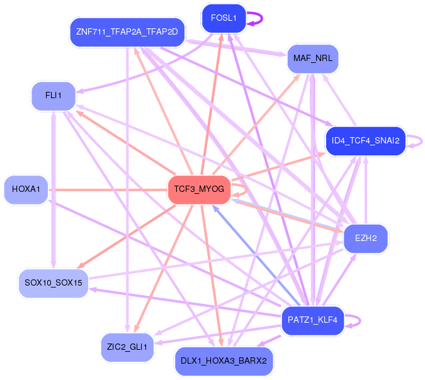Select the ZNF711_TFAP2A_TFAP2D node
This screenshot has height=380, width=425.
127,31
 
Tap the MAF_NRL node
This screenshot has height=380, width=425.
313,59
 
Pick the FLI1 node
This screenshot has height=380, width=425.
54,96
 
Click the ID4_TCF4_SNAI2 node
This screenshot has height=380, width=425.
365,140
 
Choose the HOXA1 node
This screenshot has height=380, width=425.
26,189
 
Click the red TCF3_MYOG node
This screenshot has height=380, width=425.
199,189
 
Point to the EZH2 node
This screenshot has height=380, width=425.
366,238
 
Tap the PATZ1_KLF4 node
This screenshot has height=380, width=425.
313,320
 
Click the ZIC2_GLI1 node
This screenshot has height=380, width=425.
127,347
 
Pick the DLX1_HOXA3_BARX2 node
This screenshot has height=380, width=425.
224,361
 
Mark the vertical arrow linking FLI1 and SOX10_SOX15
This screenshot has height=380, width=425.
54,189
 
